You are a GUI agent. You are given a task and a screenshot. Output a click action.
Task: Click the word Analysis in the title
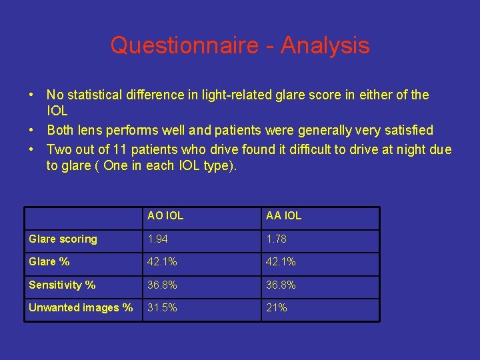click(325, 45)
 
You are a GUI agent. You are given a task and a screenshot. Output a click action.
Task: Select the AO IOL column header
click(165, 216)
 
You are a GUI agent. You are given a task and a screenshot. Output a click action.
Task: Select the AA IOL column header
click(283, 216)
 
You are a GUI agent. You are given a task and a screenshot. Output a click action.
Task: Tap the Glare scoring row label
click(63, 239)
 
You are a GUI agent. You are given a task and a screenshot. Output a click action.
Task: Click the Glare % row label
click(49, 262)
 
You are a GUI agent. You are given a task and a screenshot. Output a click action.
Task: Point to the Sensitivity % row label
click(62, 285)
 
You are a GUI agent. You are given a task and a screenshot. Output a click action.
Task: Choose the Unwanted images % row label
click(81, 308)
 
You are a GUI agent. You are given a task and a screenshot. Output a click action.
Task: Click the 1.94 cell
click(158, 239)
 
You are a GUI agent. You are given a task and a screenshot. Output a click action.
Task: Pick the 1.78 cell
click(277, 239)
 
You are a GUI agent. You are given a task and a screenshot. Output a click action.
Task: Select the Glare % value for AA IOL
click(281, 262)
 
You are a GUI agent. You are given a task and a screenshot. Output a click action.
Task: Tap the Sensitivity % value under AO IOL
click(163, 285)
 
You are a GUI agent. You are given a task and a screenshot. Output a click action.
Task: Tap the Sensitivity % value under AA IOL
click(281, 285)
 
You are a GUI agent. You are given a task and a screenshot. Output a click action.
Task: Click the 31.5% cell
click(163, 308)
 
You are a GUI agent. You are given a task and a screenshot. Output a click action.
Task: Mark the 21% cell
click(276, 308)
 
